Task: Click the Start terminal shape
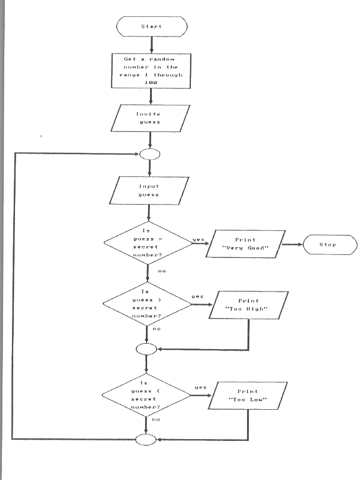click(x=151, y=26)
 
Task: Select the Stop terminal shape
click(x=328, y=245)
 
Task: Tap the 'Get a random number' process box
click(x=151, y=70)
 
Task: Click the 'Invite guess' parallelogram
click(x=151, y=118)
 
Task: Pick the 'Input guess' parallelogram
click(x=149, y=191)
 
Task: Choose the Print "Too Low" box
click(x=246, y=395)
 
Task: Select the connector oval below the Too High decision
click(x=146, y=348)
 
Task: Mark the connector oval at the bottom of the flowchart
click(x=146, y=440)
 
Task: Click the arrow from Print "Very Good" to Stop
click(x=290, y=245)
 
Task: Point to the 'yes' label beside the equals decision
click(x=197, y=240)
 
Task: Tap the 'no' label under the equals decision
click(x=162, y=271)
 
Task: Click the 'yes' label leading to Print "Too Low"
click(x=200, y=388)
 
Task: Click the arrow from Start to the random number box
click(x=151, y=44)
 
